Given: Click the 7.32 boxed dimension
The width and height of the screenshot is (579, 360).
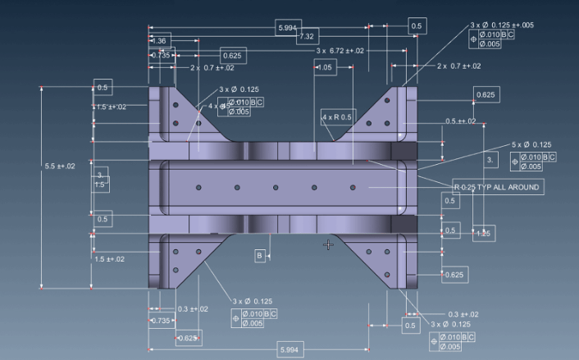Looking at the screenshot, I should tap(308, 37).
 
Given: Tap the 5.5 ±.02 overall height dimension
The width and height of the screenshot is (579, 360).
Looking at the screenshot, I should tap(59, 166).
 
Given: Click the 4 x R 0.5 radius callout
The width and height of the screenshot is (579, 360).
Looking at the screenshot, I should tap(337, 117).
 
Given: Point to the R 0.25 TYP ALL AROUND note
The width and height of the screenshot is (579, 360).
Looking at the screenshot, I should tap(498, 187).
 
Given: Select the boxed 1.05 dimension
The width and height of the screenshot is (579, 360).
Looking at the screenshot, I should tap(325, 67).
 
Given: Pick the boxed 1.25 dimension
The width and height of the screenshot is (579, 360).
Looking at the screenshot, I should tap(484, 235).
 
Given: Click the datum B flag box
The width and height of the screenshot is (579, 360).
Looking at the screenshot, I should tap(260, 256).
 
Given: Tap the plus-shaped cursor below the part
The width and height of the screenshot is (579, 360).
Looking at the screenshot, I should tap(328, 244).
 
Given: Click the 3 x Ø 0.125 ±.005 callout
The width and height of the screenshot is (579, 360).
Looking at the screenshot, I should tap(502, 25).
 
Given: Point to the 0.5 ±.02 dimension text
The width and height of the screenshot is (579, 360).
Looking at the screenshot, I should tap(461, 121).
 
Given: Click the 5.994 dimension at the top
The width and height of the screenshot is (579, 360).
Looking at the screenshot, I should tap(288, 28).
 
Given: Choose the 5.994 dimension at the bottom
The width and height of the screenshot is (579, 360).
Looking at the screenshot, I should tap(289, 350).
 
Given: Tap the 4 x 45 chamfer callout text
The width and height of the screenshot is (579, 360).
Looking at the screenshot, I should tap(217, 106).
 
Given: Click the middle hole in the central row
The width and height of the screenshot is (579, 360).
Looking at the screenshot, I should tap(276, 188).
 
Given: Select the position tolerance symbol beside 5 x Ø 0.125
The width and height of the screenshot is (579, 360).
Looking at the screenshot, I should tap(515, 162).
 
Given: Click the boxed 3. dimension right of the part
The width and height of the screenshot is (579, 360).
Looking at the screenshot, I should tap(490, 158).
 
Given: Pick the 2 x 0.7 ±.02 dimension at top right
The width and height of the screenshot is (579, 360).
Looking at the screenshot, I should tap(458, 66).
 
